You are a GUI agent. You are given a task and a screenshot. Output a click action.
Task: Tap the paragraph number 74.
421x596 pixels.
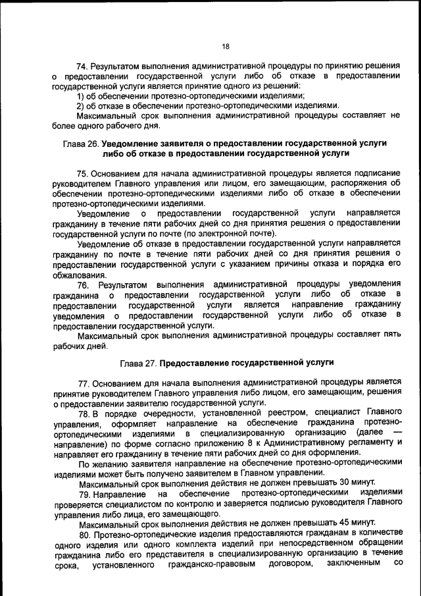tap(83, 67)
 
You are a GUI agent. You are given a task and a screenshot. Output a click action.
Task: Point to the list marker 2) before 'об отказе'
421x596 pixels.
tap(82, 105)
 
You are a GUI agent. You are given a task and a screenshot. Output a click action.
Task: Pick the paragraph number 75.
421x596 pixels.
tap(83, 174)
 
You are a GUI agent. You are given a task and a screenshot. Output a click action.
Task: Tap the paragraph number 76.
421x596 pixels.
tap(83, 285)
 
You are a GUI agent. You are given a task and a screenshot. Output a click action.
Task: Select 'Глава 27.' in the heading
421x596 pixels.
tap(139, 362)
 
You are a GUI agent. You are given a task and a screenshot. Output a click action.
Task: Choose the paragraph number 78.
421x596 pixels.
tap(84, 413)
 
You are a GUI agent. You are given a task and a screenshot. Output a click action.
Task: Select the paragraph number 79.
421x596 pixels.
tap(84, 493)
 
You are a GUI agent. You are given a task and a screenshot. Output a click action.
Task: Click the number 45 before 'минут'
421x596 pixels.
tap(339, 524)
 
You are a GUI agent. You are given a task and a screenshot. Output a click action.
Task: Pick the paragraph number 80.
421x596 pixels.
tap(84, 534)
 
